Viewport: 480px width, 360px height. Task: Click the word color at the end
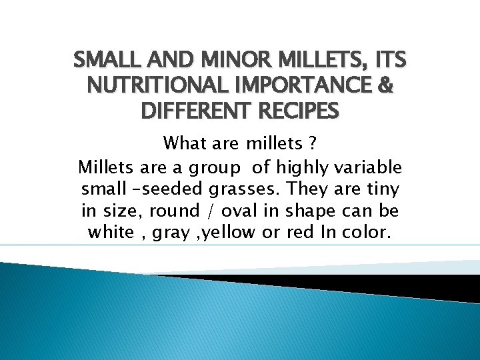pyautogui.click(x=370, y=233)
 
